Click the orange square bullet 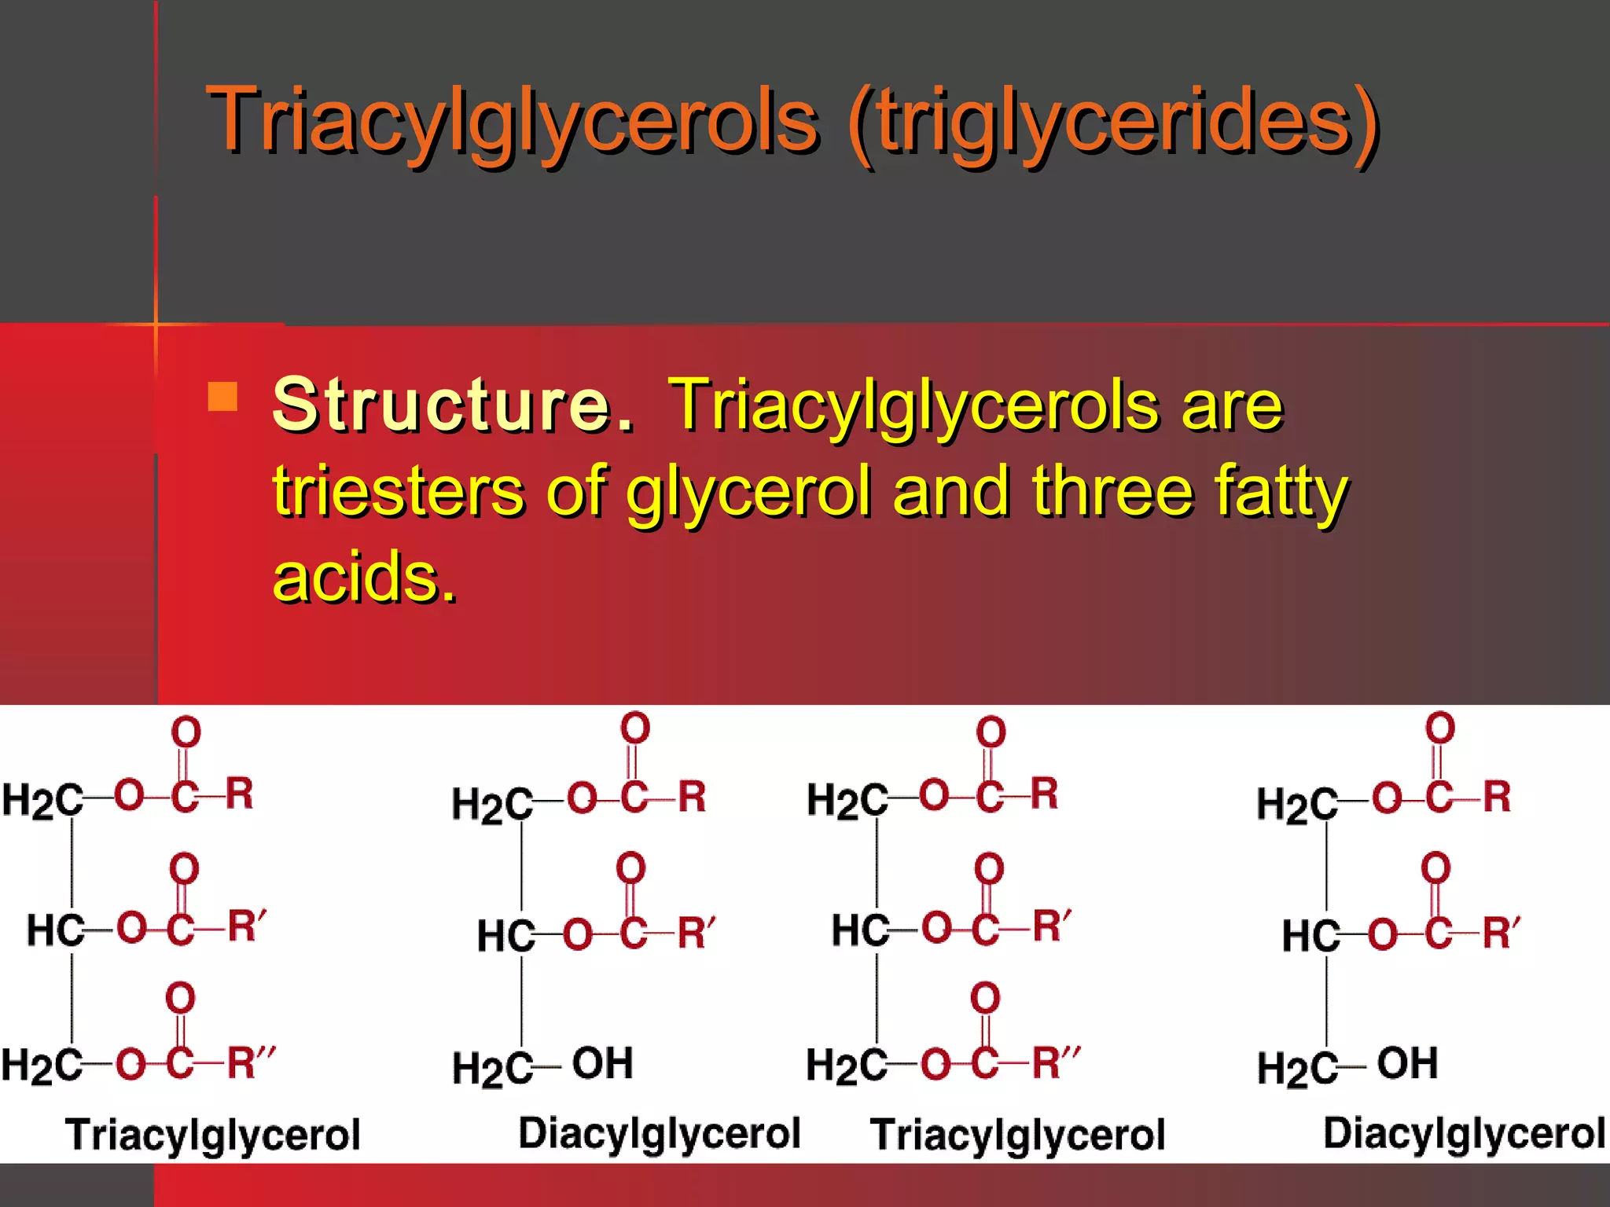tap(222, 397)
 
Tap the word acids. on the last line tap(364, 578)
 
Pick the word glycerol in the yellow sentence tap(748, 493)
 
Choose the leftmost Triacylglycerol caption tap(212, 1135)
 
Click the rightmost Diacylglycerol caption tap(1464, 1133)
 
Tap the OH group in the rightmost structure tap(1407, 1063)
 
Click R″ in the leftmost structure tap(250, 1063)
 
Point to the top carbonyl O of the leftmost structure tap(186, 732)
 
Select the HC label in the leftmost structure tap(55, 930)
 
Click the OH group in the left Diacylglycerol tap(602, 1063)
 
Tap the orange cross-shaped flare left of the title tap(156, 323)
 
